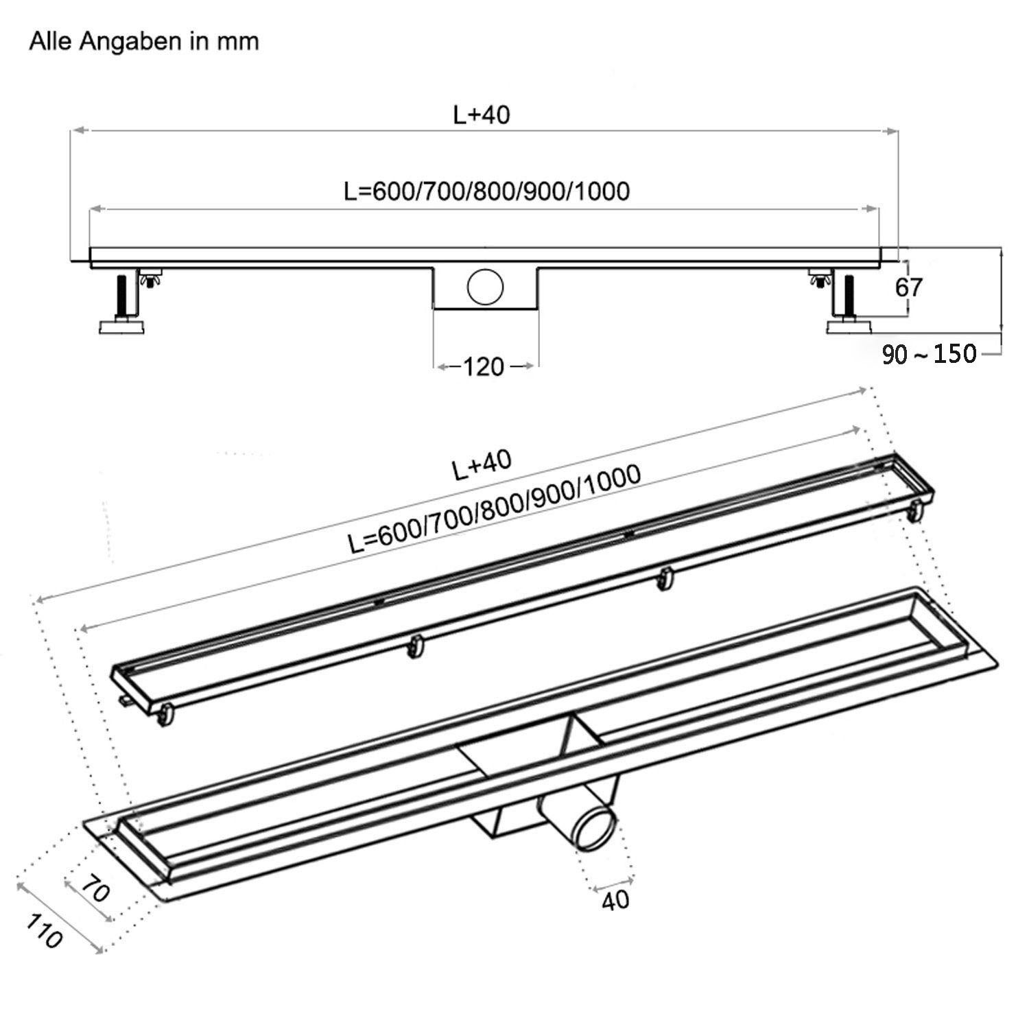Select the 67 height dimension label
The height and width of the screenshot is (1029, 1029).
pyautogui.click(x=909, y=287)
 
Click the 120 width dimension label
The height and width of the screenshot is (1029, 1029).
pyautogui.click(x=484, y=367)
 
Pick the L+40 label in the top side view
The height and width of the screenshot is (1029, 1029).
pyautogui.click(x=482, y=115)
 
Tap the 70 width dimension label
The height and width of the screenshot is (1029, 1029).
pyautogui.click(x=95, y=891)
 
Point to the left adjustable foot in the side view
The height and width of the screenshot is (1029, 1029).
pyautogui.click(x=126, y=305)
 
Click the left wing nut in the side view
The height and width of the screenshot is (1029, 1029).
pyautogui.click(x=145, y=279)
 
